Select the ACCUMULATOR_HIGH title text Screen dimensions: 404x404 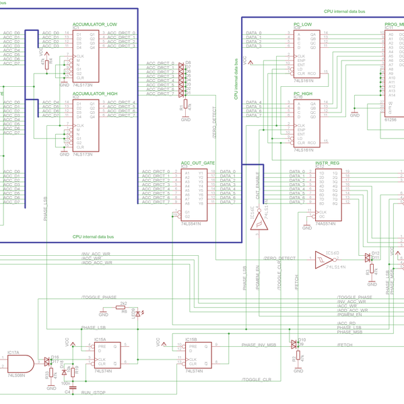tap(95, 94)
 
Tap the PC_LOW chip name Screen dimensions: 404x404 tap(303, 24)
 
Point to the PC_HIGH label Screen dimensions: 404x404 tap(303, 94)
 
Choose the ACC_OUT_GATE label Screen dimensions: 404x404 tap(198, 163)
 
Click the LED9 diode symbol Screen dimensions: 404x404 tap(139, 312)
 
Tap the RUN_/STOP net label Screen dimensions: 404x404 tap(94, 391)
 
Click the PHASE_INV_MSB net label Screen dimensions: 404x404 tap(259, 344)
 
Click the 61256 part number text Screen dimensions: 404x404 tap(391, 118)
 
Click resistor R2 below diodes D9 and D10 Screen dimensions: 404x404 tap(295, 358)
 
